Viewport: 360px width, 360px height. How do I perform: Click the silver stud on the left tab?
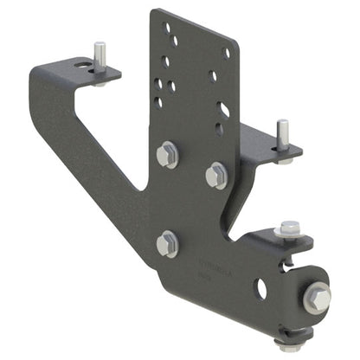coord(100,56)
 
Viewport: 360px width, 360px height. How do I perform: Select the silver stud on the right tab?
coord(282,134)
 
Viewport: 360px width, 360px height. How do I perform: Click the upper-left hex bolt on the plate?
coord(166,156)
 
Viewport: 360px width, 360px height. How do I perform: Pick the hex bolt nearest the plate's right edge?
coord(216,175)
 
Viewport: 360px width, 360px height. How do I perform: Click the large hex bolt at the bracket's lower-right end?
coord(316,299)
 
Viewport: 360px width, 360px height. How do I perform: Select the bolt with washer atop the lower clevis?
coord(287,230)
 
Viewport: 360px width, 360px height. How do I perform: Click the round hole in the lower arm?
coord(260,287)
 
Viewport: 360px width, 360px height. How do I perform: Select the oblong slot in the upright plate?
coord(224,110)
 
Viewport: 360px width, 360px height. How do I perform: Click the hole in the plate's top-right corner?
coord(227,53)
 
